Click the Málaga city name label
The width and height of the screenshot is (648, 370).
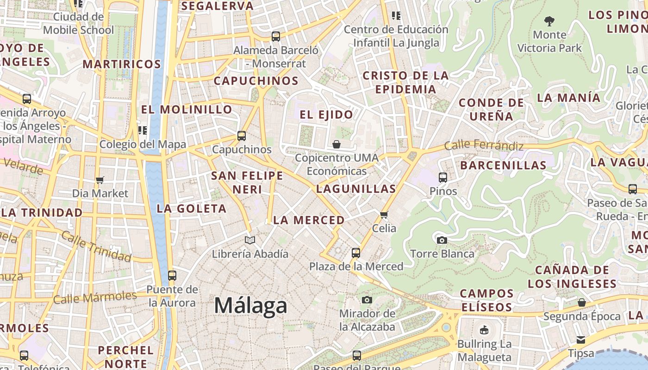(250, 306)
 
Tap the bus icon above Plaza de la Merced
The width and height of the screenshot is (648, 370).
(355, 253)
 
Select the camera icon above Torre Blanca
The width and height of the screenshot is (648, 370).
(442, 240)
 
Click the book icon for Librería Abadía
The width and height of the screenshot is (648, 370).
(250, 240)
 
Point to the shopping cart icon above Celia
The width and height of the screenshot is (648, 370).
(384, 215)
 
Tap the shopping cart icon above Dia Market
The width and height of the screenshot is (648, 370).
(100, 179)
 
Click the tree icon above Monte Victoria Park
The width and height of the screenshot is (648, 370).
(549, 21)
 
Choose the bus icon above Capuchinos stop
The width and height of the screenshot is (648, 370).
(241, 136)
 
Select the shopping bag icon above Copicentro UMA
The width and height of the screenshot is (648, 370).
(336, 144)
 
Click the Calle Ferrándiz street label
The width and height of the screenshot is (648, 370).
(484, 146)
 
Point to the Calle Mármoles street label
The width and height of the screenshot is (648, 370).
(95, 297)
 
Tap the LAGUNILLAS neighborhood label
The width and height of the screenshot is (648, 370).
(356, 189)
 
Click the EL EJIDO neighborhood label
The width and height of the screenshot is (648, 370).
(326, 115)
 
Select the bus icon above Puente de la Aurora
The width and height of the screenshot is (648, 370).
(172, 276)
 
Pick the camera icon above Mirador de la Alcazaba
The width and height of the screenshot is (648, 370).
(367, 300)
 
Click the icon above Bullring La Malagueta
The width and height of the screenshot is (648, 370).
(484, 330)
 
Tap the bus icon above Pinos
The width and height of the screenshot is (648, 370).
(443, 177)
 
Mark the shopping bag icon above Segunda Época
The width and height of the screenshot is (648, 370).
(582, 302)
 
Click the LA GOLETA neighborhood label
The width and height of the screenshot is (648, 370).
(192, 209)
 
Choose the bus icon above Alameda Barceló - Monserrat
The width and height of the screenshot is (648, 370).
(276, 36)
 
